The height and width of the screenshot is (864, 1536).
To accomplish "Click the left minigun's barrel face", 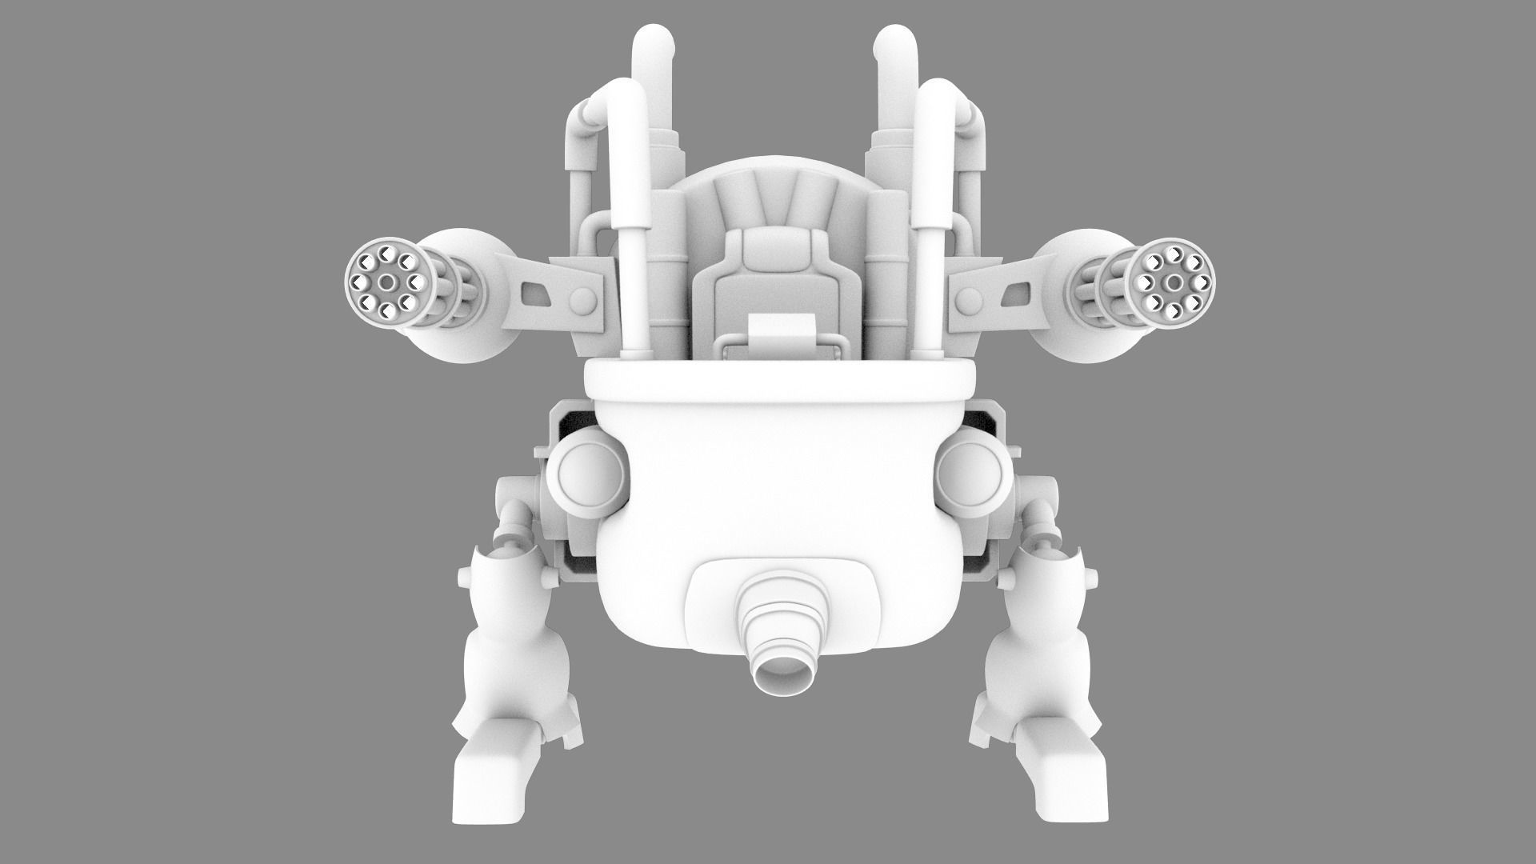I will pyautogui.click(x=387, y=283).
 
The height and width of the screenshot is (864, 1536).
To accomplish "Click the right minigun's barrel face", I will pyautogui.click(x=1173, y=283).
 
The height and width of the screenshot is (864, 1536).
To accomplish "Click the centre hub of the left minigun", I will pyautogui.click(x=387, y=283).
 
